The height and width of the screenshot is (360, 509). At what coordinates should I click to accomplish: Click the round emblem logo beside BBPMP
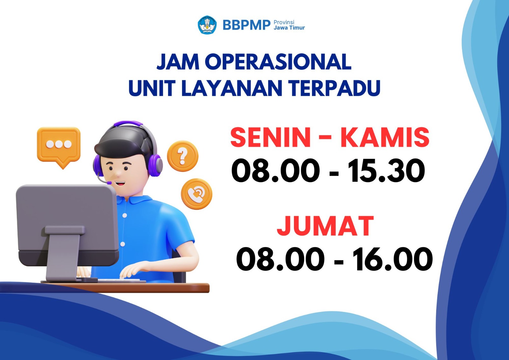tap(207, 25)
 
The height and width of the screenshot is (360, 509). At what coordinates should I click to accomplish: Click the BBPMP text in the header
tap(247, 25)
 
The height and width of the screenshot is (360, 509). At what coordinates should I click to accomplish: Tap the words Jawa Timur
tap(289, 28)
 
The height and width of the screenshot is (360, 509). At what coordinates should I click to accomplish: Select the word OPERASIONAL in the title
tap(278, 62)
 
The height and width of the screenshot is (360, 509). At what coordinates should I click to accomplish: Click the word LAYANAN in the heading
tap(232, 88)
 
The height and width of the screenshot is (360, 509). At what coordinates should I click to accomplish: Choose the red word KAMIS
tap(385, 137)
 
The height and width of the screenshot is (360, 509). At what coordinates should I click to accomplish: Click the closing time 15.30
tap(386, 170)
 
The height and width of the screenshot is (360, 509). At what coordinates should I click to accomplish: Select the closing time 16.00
tap(393, 259)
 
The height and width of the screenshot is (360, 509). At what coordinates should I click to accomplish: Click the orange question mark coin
tap(183, 156)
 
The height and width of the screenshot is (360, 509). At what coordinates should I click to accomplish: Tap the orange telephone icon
tap(197, 194)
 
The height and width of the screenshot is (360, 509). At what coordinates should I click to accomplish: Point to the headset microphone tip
tap(109, 183)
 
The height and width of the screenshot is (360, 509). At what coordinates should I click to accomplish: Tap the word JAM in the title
tap(178, 62)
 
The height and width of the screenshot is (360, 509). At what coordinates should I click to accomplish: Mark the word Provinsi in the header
tap(284, 22)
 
